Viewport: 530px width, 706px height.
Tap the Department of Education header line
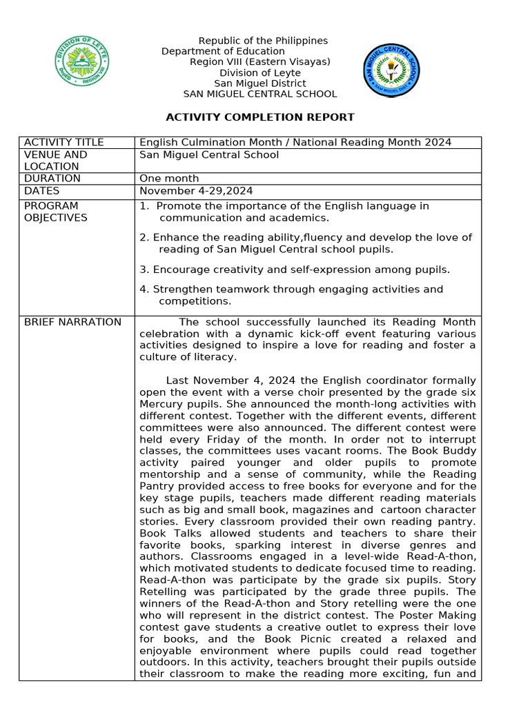pyautogui.click(x=223, y=52)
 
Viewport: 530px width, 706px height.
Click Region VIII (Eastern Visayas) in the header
pyautogui.click(x=260, y=62)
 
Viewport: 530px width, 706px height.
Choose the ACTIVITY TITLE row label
pyautogui.click(x=64, y=143)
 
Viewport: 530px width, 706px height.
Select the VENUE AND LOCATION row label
pyautogui.click(x=56, y=161)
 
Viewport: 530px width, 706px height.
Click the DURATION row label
pyautogui.click(x=52, y=179)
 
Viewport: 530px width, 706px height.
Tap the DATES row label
pyautogui.click(x=42, y=191)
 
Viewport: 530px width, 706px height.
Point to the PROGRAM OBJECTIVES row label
pyautogui.click(x=56, y=212)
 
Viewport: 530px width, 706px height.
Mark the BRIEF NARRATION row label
pyautogui.click(x=72, y=322)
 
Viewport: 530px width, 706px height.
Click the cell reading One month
pyautogui.click(x=170, y=179)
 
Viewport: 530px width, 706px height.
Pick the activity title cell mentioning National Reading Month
pyautogui.click(x=295, y=143)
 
